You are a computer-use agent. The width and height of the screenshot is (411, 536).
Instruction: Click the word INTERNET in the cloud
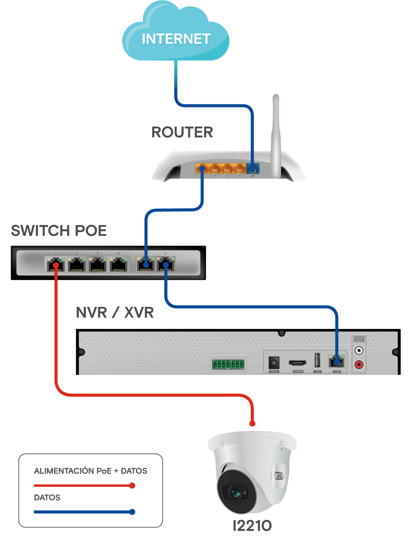(x=176, y=39)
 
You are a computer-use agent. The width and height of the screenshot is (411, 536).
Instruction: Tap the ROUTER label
(x=182, y=132)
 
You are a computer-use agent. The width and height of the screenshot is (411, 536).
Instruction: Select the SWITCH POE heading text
(x=59, y=231)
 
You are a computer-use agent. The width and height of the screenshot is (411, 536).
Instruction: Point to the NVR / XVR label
(x=115, y=313)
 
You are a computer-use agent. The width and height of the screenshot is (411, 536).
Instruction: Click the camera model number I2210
(x=252, y=525)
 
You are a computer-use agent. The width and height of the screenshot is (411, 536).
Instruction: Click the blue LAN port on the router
(x=252, y=168)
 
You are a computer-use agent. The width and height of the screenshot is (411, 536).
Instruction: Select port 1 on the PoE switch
(x=56, y=265)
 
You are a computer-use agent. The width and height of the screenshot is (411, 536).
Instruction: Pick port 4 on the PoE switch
(x=118, y=265)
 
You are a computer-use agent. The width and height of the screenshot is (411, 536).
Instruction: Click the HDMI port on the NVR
(x=297, y=363)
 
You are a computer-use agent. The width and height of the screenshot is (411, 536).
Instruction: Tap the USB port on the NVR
(x=317, y=361)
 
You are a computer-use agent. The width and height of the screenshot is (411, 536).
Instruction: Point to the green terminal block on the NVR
(x=228, y=364)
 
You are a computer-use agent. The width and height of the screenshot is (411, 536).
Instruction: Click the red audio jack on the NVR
(x=358, y=365)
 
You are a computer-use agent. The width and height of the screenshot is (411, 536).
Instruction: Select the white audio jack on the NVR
(x=358, y=351)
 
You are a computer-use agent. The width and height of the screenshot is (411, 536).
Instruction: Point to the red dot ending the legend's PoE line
(x=132, y=486)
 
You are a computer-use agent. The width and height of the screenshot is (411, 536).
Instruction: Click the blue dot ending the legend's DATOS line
(x=132, y=512)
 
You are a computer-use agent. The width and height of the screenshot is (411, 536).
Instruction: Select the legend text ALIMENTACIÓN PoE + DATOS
(x=90, y=471)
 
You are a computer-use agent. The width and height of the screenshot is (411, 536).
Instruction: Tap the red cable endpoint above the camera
(x=252, y=424)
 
